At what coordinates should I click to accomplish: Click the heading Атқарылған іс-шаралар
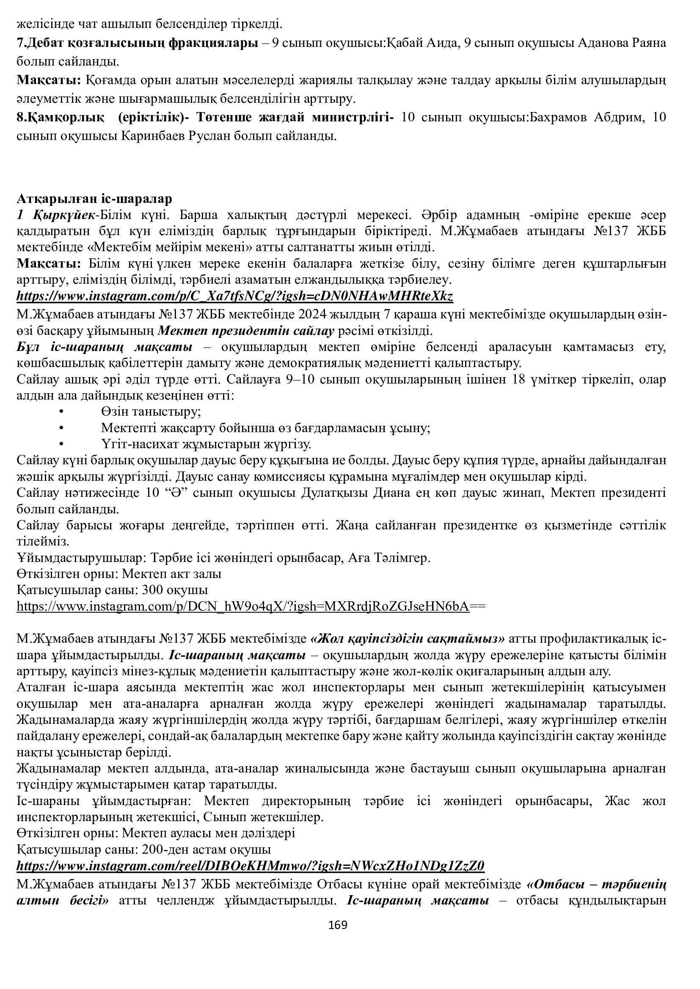94,199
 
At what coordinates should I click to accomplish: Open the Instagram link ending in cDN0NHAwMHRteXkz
235,296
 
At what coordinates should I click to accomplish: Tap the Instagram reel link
251,866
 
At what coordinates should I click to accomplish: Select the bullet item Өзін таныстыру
151,411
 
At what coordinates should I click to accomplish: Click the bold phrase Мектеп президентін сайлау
246,331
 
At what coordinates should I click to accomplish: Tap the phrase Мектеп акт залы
171,574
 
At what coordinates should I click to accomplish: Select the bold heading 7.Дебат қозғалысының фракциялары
135,43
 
